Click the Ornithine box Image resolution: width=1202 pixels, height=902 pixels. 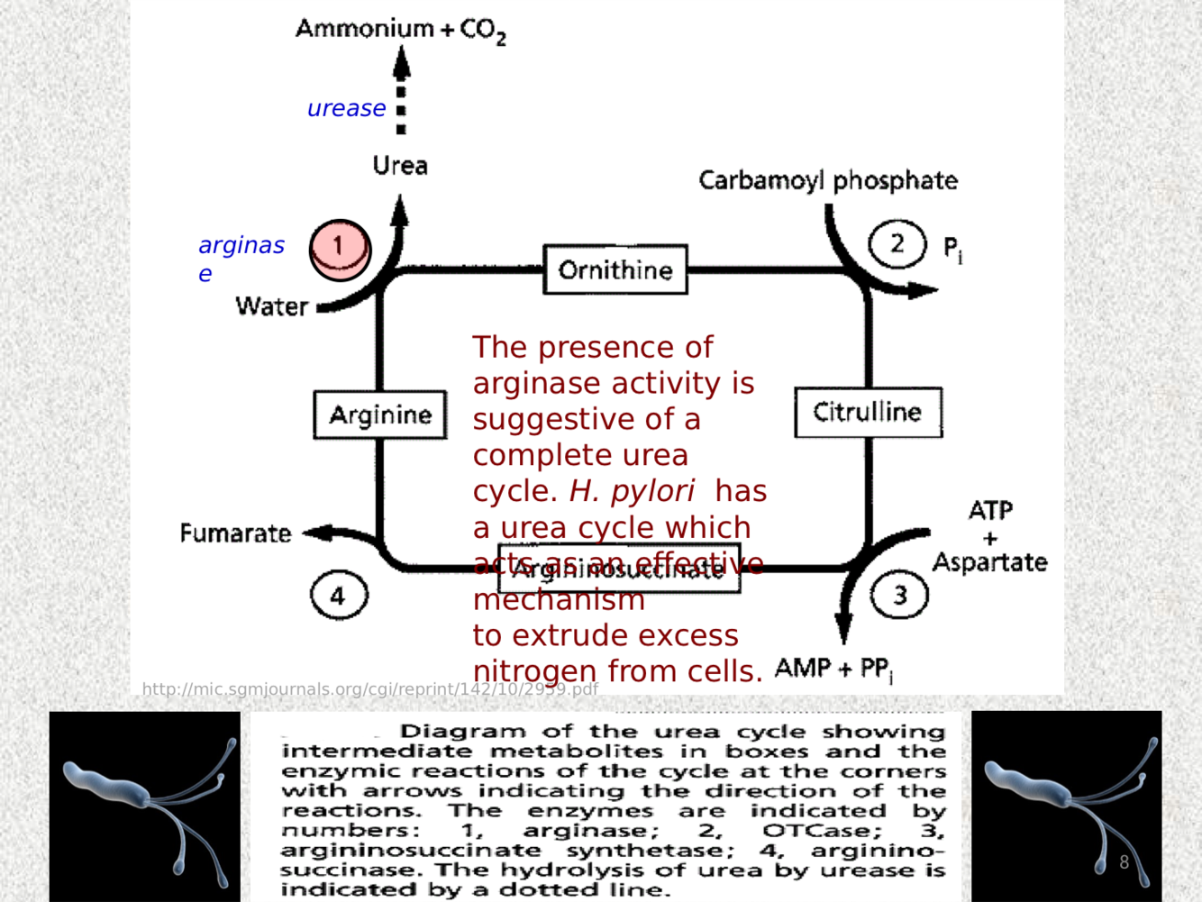click(x=615, y=269)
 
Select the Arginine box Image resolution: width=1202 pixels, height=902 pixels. click(x=380, y=415)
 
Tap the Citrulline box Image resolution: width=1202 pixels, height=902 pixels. click(x=868, y=413)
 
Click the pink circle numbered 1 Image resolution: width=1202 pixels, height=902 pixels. click(x=340, y=249)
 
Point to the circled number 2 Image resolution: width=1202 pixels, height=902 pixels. click(x=897, y=243)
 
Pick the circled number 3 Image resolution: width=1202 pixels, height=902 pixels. click(x=899, y=595)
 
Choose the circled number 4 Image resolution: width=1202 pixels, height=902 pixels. click(x=339, y=596)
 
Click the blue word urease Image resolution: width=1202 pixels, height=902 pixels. click(x=346, y=109)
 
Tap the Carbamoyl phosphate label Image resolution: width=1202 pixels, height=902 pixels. click(x=828, y=180)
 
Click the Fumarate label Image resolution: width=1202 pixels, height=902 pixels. click(x=235, y=533)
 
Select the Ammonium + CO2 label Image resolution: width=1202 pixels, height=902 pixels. click(x=401, y=30)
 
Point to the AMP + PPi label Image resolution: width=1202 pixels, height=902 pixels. click(x=833, y=669)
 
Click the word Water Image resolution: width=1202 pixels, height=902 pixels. click(x=271, y=306)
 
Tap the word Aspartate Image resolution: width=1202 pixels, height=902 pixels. click(x=989, y=562)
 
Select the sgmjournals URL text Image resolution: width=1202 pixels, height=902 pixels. click(x=369, y=689)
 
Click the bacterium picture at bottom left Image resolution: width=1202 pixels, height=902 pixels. click(x=145, y=806)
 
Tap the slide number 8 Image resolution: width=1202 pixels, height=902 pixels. click(x=1124, y=862)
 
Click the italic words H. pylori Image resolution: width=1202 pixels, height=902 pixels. click(x=632, y=491)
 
